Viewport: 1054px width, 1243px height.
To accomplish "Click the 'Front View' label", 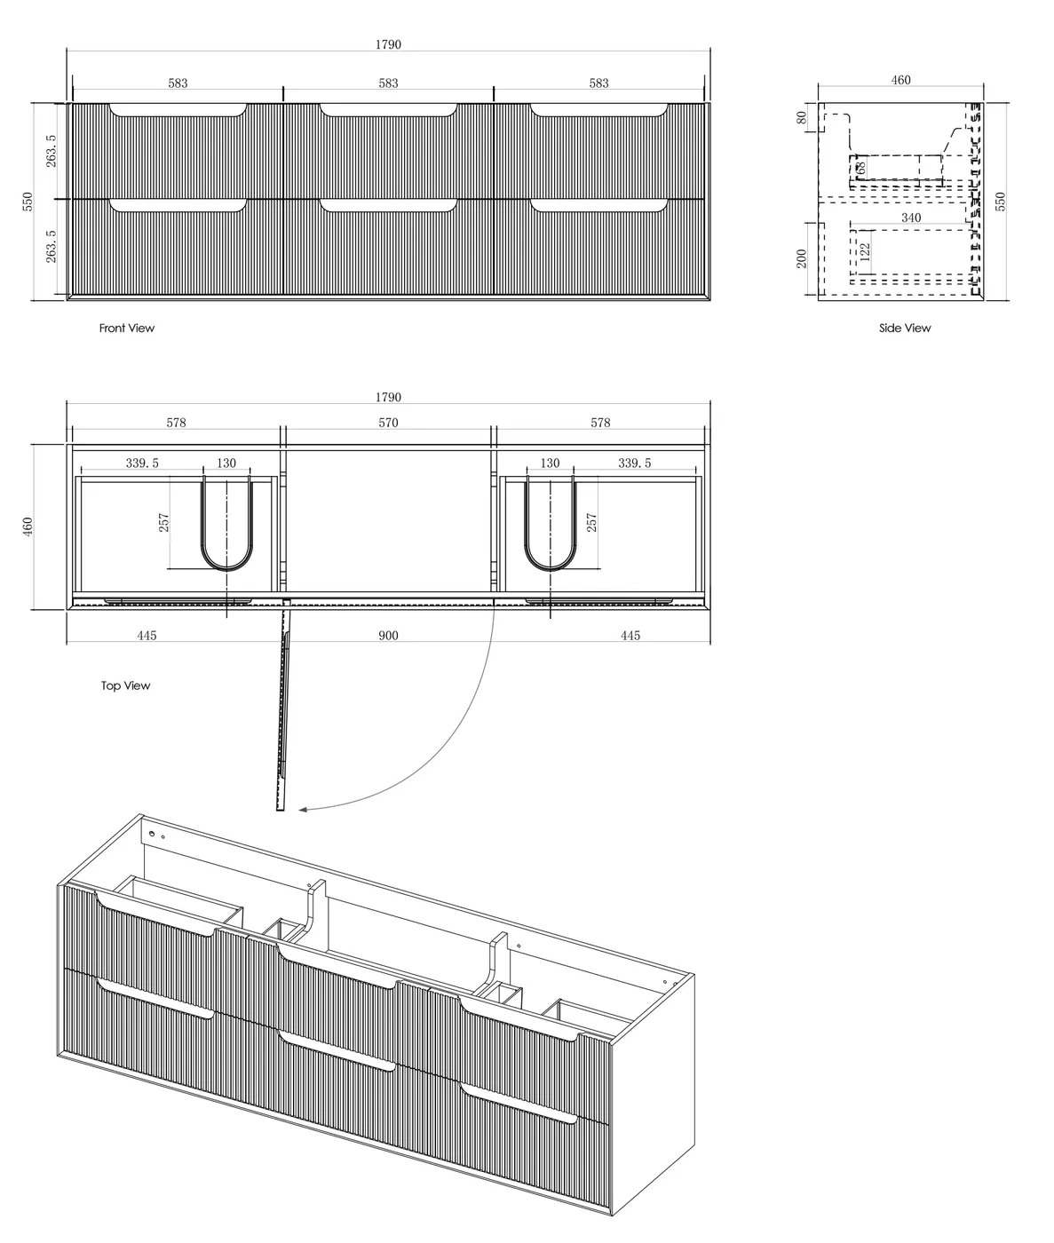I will coord(126,329).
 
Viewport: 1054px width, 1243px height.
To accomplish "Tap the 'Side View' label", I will coord(905,329).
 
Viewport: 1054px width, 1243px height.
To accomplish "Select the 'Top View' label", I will coord(125,685).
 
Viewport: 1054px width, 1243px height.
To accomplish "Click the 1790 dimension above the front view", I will coord(388,44).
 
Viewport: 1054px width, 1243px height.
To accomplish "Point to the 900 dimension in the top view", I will coord(388,636).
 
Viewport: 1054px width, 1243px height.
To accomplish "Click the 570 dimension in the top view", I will coord(388,423).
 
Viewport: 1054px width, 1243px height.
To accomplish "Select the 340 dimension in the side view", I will coord(910,218).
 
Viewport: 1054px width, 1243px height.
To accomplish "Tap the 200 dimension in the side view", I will coord(802,258).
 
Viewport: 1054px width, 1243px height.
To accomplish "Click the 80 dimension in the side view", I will coord(802,117).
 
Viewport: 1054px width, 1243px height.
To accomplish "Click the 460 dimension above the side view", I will coord(900,81).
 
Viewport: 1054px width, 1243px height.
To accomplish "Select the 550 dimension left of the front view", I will coord(28,201).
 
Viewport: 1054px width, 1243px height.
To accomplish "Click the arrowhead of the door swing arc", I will coord(304,809).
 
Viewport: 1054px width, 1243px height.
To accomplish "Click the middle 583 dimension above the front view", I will coord(388,83).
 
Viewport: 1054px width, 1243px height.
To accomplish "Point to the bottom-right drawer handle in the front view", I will coord(599,206).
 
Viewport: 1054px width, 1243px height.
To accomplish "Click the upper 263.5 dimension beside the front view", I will coord(52,150).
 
